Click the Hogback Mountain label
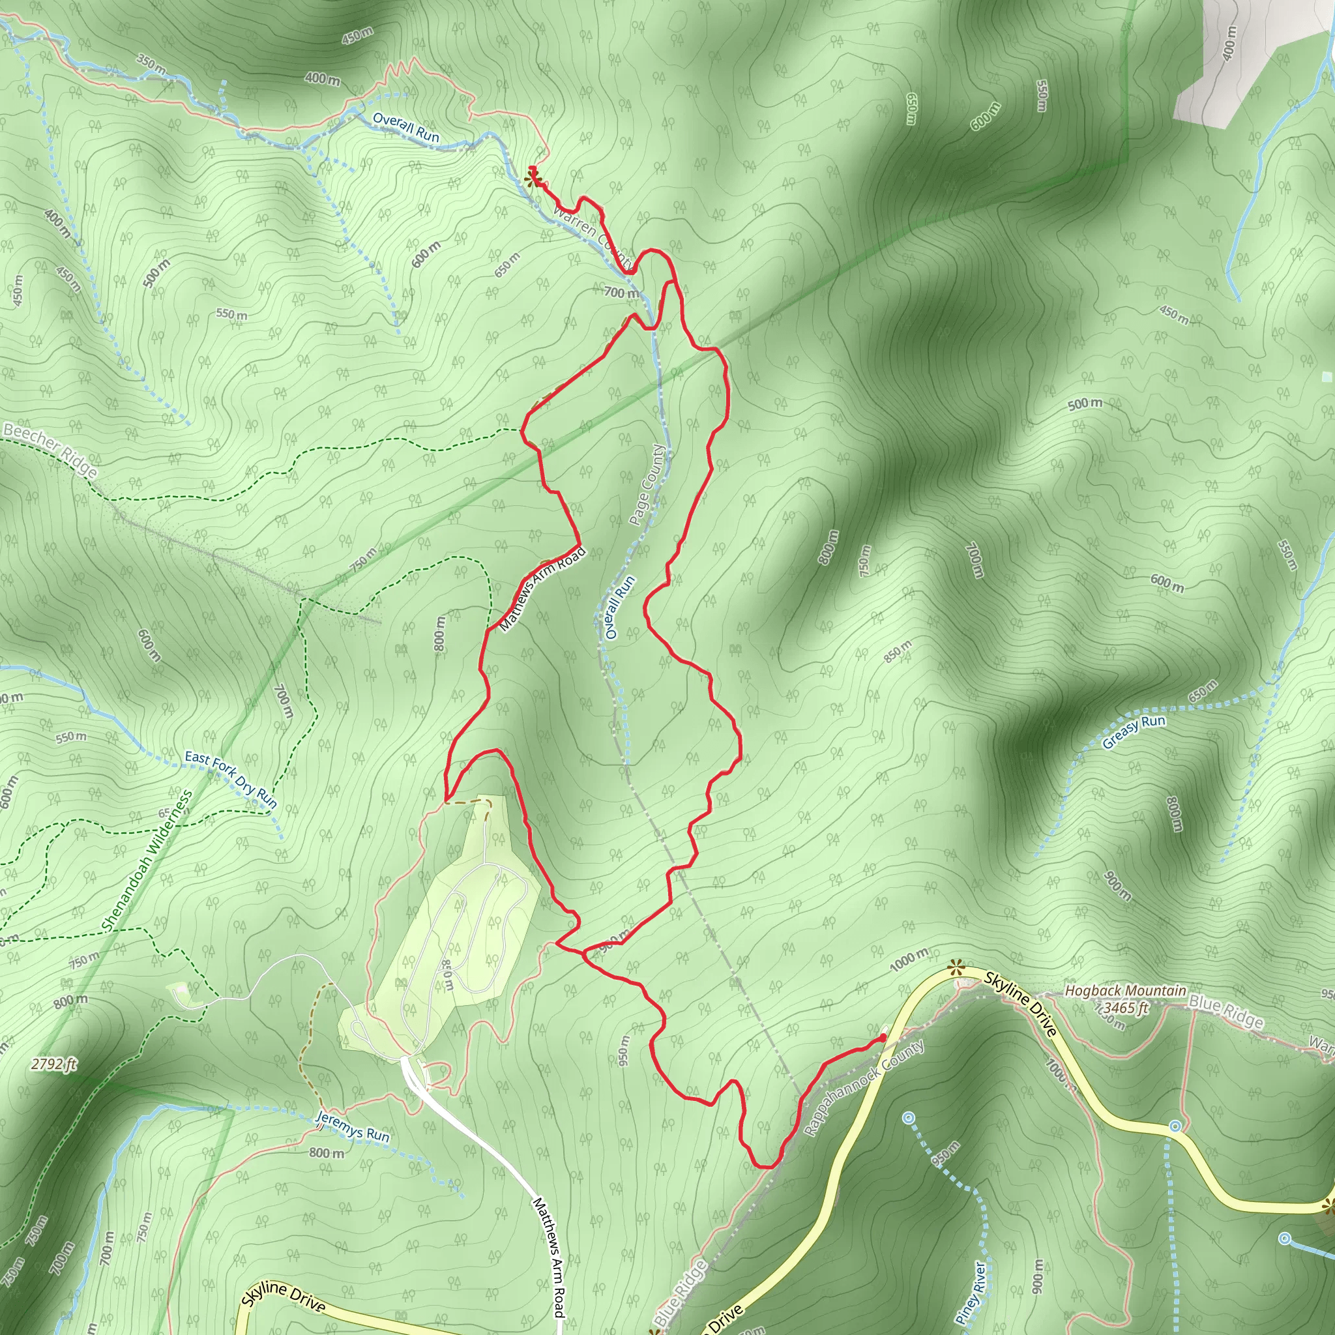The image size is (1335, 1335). (1125, 991)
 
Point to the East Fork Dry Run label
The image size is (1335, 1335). (231, 779)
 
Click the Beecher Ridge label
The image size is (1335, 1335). (50, 450)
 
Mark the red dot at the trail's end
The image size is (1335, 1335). (883, 1037)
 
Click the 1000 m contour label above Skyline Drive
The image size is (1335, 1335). (909, 960)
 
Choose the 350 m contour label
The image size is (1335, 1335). (150, 65)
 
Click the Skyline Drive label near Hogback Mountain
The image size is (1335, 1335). (1021, 1003)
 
